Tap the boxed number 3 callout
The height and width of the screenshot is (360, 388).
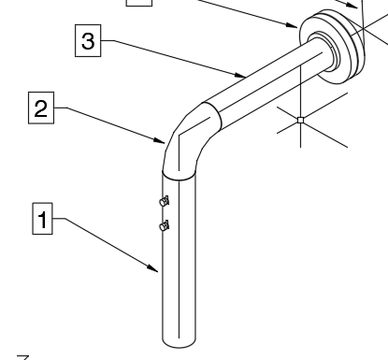pyautogui.click(x=86, y=41)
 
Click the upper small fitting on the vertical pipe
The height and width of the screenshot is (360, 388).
pyautogui.click(x=164, y=200)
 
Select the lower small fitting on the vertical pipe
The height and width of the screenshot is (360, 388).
pyautogui.click(x=165, y=224)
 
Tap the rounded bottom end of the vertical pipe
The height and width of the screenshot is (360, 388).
pyautogui.click(x=180, y=342)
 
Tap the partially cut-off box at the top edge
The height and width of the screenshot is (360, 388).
pyautogui.click(x=139, y=4)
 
